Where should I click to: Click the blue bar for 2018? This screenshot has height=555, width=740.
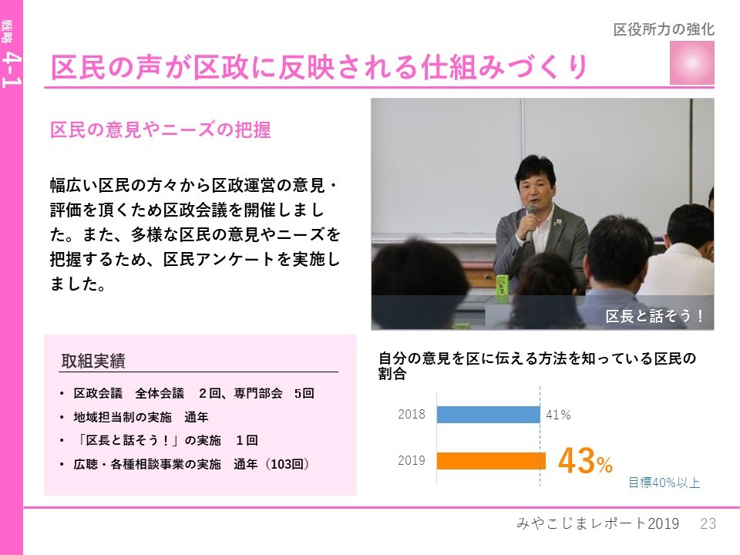click(x=488, y=415)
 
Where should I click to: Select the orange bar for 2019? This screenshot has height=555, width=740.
click(x=491, y=461)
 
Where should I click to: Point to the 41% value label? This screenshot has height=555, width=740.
click(x=558, y=415)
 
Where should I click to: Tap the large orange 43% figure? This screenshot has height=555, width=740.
click(x=585, y=461)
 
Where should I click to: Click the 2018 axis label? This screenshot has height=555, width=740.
click(x=412, y=415)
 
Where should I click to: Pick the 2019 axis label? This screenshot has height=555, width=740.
click(x=412, y=461)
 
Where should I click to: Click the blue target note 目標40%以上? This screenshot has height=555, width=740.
click(x=664, y=483)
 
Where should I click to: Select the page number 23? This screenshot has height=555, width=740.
click(x=708, y=523)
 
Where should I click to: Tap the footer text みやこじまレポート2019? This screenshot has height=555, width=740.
click(x=598, y=523)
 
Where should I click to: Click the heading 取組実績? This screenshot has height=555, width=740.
click(x=93, y=361)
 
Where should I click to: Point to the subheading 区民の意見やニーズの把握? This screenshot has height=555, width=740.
click(x=160, y=129)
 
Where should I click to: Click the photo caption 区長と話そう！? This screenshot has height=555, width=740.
click(x=655, y=316)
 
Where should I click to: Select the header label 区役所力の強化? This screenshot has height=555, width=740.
click(x=664, y=29)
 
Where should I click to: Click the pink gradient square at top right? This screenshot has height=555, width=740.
click(x=692, y=62)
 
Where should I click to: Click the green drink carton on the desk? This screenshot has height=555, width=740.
click(x=502, y=288)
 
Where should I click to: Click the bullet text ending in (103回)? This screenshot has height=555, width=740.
click(x=191, y=464)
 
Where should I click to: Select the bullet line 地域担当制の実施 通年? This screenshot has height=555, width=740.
click(x=140, y=417)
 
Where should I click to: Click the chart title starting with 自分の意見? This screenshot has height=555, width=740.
click(x=537, y=365)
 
